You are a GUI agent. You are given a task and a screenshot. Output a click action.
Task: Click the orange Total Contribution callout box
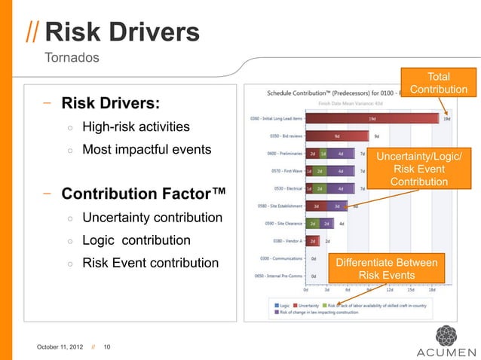pyautogui.click(x=439, y=84)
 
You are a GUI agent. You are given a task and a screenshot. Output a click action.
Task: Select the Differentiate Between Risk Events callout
pyautogui.click(x=385, y=269)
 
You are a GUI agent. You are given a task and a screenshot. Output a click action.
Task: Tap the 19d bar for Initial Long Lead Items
pyautogui.click(x=373, y=118)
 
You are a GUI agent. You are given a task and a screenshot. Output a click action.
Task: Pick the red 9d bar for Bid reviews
pyautogui.click(x=337, y=136)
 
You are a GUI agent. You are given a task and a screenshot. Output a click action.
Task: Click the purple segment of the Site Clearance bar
pyautogui.click(x=326, y=224)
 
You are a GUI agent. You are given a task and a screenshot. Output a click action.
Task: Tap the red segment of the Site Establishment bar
pyautogui.click(x=316, y=206)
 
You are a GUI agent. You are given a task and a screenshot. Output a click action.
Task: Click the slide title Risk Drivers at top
pyautogui.click(x=122, y=32)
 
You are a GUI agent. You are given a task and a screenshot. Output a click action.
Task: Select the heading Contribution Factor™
pyautogui.click(x=143, y=194)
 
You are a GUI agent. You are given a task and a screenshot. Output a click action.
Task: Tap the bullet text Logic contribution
pyautogui.click(x=136, y=241)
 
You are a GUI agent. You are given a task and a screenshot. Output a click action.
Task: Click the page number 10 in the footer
pyautogui.click(x=107, y=346)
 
